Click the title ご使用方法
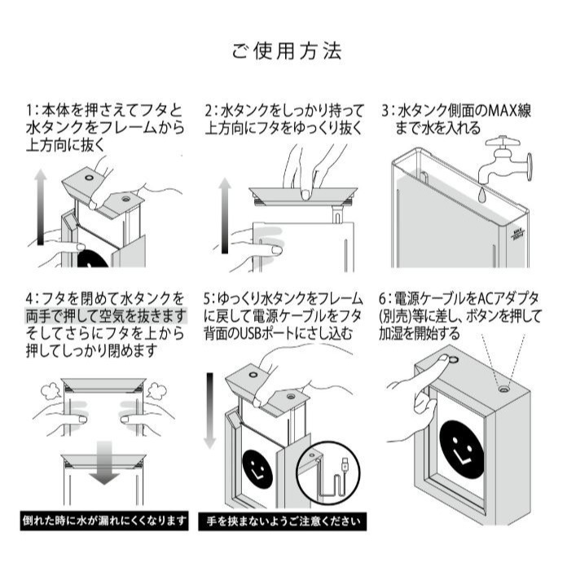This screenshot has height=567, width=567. point(285,51)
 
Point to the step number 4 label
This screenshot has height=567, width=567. point(29,297)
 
